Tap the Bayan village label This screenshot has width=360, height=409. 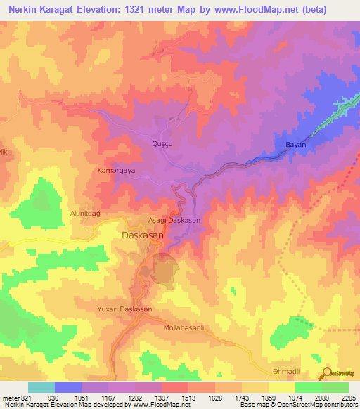tap(295, 145)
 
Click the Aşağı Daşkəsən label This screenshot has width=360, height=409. tap(174, 220)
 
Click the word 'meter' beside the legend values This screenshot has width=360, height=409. tap(9, 397)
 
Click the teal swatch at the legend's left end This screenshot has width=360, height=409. tap(41, 387)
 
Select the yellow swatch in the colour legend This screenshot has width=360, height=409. tap(282, 387)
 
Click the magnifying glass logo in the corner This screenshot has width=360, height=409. tap(328, 373)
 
